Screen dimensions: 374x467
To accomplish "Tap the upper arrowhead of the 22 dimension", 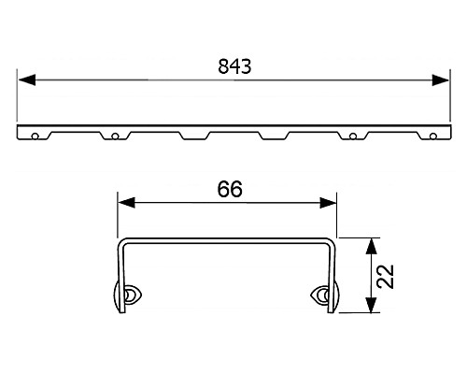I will (x=372, y=244).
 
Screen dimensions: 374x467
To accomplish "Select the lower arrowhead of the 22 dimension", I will (x=372, y=309).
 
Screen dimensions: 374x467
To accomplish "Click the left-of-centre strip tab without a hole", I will (x=194, y=137).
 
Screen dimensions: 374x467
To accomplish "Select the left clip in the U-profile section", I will (x=126, y=295).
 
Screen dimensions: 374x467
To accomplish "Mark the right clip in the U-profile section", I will (x=323, y=295).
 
